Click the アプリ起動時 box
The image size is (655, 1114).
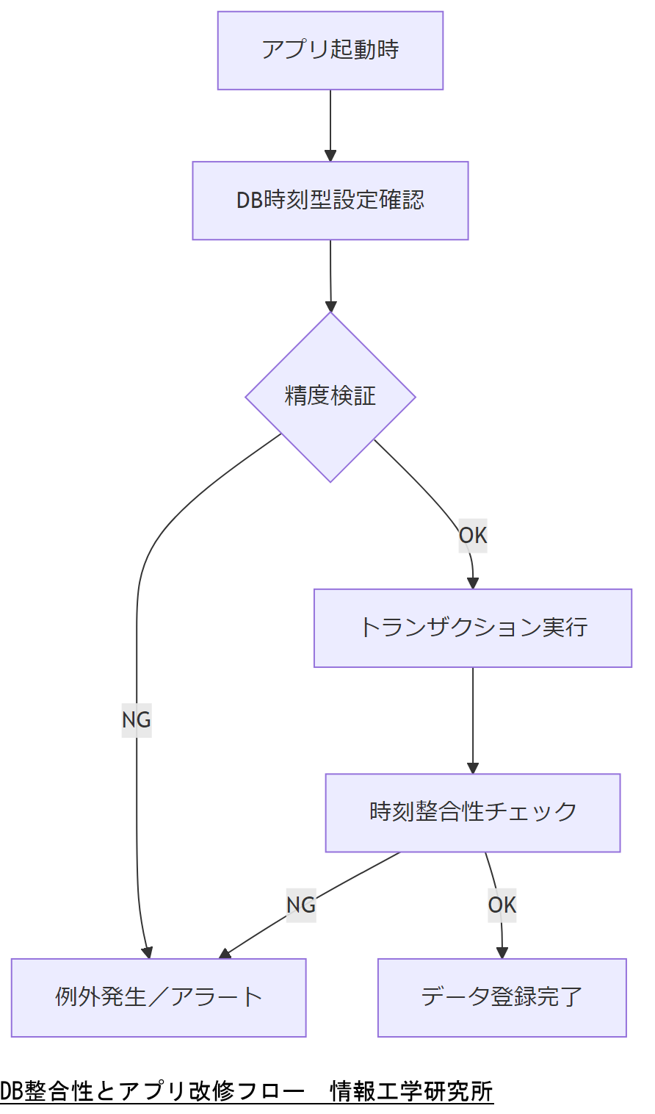point(330,51)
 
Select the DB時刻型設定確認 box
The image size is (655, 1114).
point(330,201)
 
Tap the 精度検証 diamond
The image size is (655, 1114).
point(330,397)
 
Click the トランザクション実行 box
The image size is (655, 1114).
point(473,628)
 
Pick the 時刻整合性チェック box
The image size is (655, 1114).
point(473,813)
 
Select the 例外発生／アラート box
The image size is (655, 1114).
point(159,998)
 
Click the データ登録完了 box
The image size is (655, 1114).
point(502,998)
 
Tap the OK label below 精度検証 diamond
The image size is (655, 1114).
point(473,536)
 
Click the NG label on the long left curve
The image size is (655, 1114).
point(137,719)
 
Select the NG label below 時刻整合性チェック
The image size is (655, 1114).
point(301,905)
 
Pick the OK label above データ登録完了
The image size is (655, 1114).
point(502,905)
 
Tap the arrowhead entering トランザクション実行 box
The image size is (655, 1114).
point(473,583)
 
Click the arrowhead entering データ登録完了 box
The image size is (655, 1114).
point(502,953)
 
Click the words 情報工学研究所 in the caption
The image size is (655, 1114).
point(412,1091)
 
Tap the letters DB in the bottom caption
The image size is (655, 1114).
point(12,1091)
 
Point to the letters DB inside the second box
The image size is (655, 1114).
point(249,201)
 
